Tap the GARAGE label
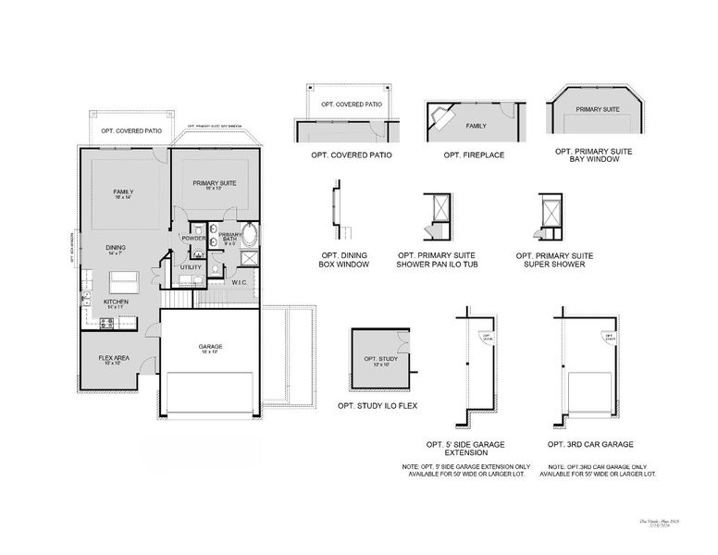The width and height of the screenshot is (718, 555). pyautogui.click(x=210, y=347)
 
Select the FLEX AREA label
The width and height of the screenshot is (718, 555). pyautogui.click(x=115, y=358)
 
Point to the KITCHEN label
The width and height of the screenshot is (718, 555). pyautogui.click(x=116, y=302)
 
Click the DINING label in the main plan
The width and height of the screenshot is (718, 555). pyautogui.click(x=116, y=247)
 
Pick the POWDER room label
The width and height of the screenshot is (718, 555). pyautogui.click(x=192, y=239)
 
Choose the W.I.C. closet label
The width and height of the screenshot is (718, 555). pyautogui.click(x=238, y=282)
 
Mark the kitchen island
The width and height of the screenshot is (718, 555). pyautogui.click(x=124, y=280)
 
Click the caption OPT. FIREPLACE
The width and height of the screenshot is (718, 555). pyautogui.click(x=474, y=154)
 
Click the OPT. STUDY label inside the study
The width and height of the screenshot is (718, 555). pyautogui.click(x=379, y=360)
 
